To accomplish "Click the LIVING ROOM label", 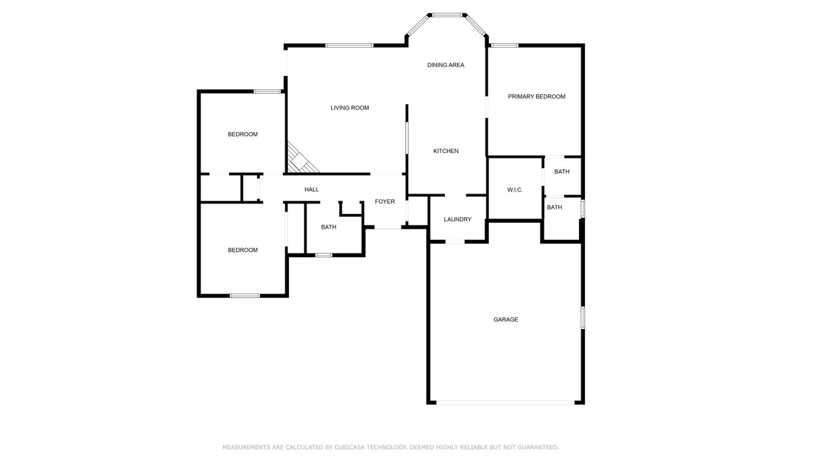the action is [x=350, y=108].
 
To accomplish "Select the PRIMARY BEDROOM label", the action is [x=536, y=97].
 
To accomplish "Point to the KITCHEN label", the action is [x=446, y=151].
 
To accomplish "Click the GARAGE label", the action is [x=506, y=320].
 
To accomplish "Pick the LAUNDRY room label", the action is [x=457, y=219].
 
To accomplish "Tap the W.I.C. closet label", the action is [x=515, y=190].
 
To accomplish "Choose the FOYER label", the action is [x=385, y=202].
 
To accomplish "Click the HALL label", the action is [x=311, y=190].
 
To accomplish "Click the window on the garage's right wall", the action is [x=583, y=318].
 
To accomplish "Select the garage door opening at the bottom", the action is [x=505, y=403].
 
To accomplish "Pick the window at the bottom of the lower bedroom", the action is [x=245, y=296].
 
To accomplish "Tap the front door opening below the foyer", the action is [x=388, y=227].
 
